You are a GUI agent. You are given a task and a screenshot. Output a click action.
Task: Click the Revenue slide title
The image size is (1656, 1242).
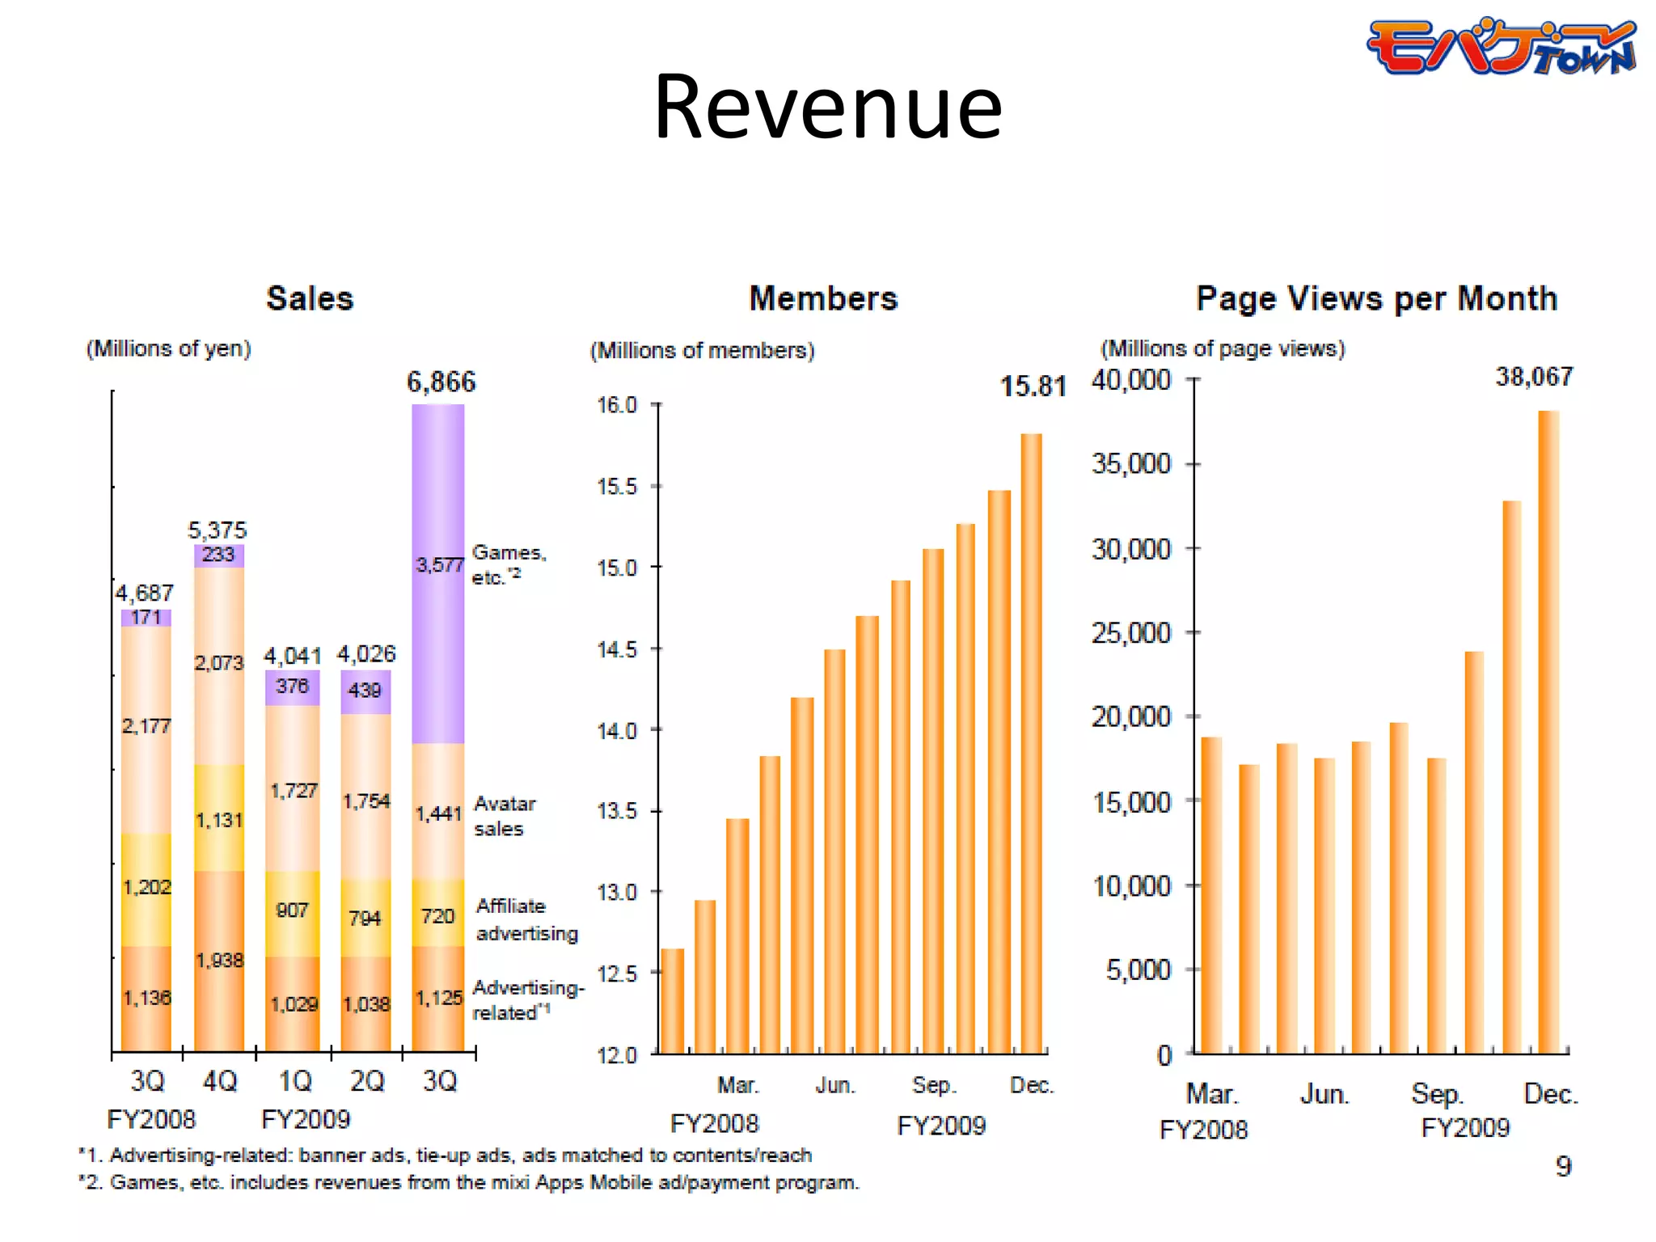tap(827, 108)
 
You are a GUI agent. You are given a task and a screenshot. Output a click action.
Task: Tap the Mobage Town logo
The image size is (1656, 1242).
tap(1501, 47)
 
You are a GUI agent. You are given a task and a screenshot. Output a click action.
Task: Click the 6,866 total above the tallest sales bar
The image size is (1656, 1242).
tap(441, 382)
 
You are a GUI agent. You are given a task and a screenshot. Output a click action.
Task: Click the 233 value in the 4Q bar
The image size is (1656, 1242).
tap(218, 555)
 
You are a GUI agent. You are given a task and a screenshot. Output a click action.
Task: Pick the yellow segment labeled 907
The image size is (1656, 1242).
tap(292, 911)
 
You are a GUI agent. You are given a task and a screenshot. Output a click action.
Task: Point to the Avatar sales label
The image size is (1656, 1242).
tap(504, 816)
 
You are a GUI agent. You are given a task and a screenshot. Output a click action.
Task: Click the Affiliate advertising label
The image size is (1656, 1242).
tap(526, 919)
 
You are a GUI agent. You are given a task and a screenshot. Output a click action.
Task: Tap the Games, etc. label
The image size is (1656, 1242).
tap(509, 564)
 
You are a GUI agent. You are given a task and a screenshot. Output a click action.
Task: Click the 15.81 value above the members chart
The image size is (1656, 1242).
tap(1033, 387)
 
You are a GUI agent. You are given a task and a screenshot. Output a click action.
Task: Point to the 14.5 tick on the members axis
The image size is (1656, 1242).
tap(617, 650)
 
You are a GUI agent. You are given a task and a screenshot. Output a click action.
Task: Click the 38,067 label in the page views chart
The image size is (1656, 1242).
tap(1533, 377)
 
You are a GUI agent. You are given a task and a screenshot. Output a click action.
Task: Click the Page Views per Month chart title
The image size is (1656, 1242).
tap(1376, 298)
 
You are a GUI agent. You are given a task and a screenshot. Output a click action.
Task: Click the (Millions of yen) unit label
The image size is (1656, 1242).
tap(168, 349)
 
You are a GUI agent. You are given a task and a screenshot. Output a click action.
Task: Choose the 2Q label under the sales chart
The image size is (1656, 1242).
tap(367, 1081)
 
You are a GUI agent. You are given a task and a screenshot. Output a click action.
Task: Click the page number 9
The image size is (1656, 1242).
tap(1563, 1166)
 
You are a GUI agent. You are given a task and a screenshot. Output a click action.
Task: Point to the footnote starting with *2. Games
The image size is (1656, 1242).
tap(468, 1183)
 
